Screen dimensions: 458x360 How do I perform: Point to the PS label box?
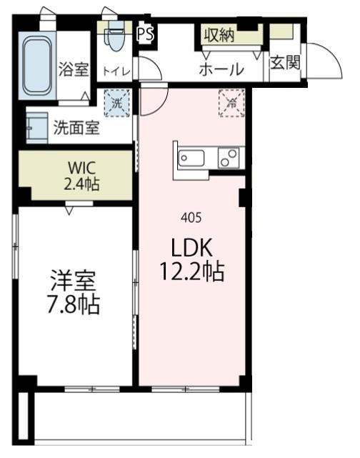point(145,33)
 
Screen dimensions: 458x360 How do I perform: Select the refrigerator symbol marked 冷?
point(231,102)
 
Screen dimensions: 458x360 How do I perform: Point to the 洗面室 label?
point(76,129)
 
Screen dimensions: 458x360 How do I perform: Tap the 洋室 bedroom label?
point(74,279)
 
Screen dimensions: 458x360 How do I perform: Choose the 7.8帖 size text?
point(74,305)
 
